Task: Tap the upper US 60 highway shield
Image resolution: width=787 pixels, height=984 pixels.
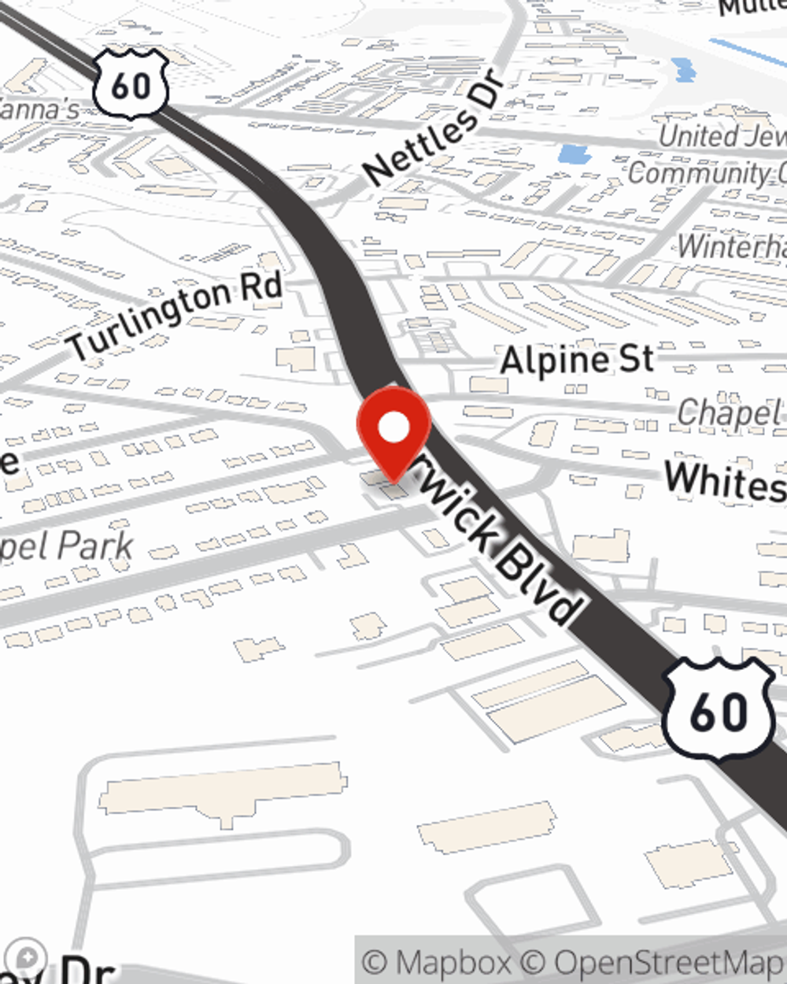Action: [131, 83]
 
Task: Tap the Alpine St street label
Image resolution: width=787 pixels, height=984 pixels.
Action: [577, 361]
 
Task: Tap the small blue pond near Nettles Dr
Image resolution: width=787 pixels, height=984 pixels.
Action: [574, 154]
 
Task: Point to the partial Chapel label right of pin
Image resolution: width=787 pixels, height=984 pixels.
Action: [730, 412]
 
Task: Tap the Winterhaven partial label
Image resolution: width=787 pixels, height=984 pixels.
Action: [732, 246]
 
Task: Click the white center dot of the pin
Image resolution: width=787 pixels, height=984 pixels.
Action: [394, 428]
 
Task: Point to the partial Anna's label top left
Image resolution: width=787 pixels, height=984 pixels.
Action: [39, 109]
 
